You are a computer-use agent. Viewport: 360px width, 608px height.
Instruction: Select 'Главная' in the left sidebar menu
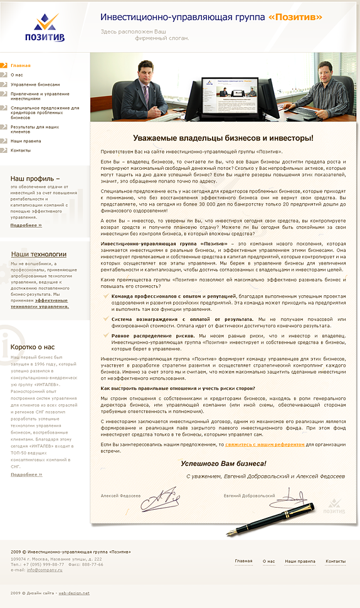point(20,65)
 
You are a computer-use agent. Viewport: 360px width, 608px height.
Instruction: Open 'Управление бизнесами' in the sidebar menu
point(35,84)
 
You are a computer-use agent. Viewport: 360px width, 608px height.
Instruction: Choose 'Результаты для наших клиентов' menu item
point(34,129)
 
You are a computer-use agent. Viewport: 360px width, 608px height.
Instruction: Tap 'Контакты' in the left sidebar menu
point(20,150)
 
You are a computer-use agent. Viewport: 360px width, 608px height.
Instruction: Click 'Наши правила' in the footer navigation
point(300,562)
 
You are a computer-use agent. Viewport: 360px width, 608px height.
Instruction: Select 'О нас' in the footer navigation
point(268,562)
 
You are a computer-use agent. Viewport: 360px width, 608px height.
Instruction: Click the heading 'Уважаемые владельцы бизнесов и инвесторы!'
point(223,138)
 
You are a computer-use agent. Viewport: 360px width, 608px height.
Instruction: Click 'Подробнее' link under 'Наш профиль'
point(26,224)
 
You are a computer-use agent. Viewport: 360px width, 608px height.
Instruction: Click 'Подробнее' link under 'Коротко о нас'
point(26,474)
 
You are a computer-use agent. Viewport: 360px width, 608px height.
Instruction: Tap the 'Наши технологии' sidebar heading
point(39,254)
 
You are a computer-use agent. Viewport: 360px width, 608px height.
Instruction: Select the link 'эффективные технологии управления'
point(40,303)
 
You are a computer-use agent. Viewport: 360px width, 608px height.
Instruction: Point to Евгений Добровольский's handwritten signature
point(292,498)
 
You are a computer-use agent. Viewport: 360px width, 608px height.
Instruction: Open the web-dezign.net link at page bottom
point(74,592)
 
